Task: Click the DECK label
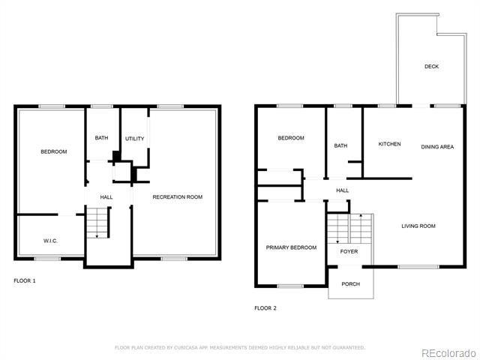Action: (x=431, y=67)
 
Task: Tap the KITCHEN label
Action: (x=389, y=144)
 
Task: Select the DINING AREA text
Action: (x=437, y=147)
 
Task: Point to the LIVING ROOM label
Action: (x=418, y=226)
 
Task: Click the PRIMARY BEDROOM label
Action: (x=291, y=247)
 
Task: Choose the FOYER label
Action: (x=349, y=252)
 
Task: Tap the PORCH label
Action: (x=350, y=284)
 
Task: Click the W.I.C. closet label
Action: (x=50, y=241)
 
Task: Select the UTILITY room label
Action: (x=134, y=139)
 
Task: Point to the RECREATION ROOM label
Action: (x=178, y=196)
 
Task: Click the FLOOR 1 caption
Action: (x=25, y=280)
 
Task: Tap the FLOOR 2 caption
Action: (x=265, y=308)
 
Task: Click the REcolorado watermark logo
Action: (x=449, y=354)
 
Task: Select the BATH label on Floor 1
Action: (x=101, y=138)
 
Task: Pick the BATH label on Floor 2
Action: (x=340, y=145)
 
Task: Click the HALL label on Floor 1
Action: (x=106, y=197)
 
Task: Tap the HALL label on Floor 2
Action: (x=342, y=190)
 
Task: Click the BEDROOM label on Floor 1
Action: (x=53, y=151)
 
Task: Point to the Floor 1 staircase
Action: (x=98, y=223)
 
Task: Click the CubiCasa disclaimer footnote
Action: (x=240, y=348)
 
